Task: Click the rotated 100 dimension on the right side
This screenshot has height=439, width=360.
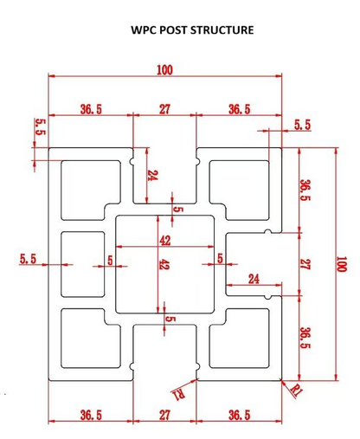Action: [x=341, y=264]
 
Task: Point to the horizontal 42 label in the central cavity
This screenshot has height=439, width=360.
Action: [x=165, y=241]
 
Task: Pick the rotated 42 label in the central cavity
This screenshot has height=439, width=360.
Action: [x=164, y=264]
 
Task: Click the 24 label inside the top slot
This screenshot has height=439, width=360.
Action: [x=152, y=175]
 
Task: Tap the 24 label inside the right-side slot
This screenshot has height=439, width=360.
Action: [x=254, y=279]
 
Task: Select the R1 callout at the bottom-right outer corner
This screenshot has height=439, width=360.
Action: [x=296, y=391]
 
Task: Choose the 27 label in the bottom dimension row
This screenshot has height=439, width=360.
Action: [x=164, y=415]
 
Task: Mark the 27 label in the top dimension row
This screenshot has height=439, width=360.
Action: [x=164, y=109]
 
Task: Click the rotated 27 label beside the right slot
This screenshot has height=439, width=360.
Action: [x=305, y=264]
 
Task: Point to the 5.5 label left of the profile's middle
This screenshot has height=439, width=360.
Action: [x=28, y=259]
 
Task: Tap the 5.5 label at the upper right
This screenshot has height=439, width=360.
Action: [x=303, y=125]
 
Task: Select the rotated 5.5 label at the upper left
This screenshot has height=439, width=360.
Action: [x=41, y=127]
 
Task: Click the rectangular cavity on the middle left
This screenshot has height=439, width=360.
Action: [x=83, y=264]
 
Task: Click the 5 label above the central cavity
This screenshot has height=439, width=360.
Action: [x=178, y=209]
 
